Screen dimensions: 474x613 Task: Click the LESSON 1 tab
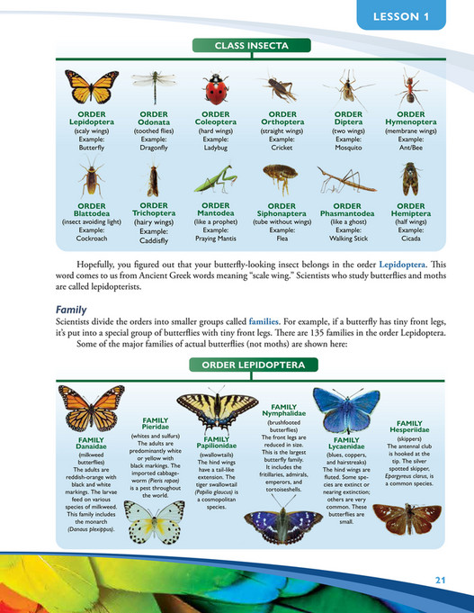click(413, 16)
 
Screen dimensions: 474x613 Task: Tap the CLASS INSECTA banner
click(237, 45)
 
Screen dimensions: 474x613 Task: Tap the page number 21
click(440, 578)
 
